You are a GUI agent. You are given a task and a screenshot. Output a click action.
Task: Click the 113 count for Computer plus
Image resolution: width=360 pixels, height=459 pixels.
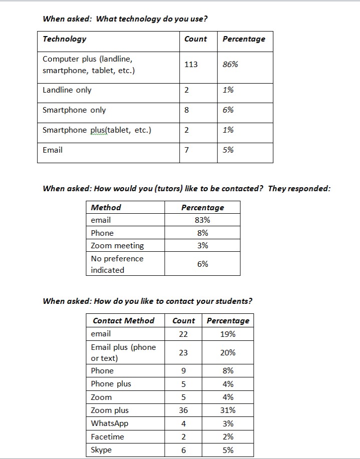click(191, 65)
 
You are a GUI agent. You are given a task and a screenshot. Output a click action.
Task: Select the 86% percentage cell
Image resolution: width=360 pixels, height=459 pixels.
click(230, 65)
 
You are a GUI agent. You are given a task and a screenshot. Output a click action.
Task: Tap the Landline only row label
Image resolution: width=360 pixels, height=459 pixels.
click(67, 91)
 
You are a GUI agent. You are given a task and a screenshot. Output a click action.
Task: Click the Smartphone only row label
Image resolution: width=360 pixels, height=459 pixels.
click(74, 110)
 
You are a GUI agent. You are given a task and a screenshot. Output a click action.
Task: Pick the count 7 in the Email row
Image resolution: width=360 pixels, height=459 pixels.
click(186, 150)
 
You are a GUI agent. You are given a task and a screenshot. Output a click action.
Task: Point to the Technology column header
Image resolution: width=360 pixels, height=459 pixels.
click(65, 39)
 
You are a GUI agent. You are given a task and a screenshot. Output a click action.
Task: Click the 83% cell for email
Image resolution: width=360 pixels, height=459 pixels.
click(202, 220)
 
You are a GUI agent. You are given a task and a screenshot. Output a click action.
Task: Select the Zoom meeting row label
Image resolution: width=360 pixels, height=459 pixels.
click(117, 246)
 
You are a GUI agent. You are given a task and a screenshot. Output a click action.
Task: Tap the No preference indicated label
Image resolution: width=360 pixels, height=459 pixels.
click(117, 264)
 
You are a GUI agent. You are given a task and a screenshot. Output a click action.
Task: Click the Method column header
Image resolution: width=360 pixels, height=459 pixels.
click(106, 208)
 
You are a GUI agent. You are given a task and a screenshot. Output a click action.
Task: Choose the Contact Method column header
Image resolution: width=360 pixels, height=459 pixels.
click(124, 321)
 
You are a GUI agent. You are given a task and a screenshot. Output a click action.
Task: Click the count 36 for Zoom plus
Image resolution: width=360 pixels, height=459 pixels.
click(183, 410)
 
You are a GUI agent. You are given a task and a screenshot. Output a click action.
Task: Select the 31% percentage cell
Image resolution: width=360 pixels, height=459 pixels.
click(228, 410)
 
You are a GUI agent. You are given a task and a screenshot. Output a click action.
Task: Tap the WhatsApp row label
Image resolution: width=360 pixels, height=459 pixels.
click(110, 423)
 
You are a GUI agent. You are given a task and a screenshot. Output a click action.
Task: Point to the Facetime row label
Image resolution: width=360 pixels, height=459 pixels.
click(107, 437)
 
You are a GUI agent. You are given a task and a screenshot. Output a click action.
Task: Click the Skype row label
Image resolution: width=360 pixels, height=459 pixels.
click(101, 450)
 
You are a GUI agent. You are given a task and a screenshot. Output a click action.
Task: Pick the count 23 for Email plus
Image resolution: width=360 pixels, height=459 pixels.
click(183, 353)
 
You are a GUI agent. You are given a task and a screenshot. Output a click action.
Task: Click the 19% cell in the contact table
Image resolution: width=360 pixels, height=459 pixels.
click(228, 334)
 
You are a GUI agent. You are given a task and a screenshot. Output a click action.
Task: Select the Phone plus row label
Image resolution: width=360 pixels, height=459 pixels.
click(111, 384)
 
